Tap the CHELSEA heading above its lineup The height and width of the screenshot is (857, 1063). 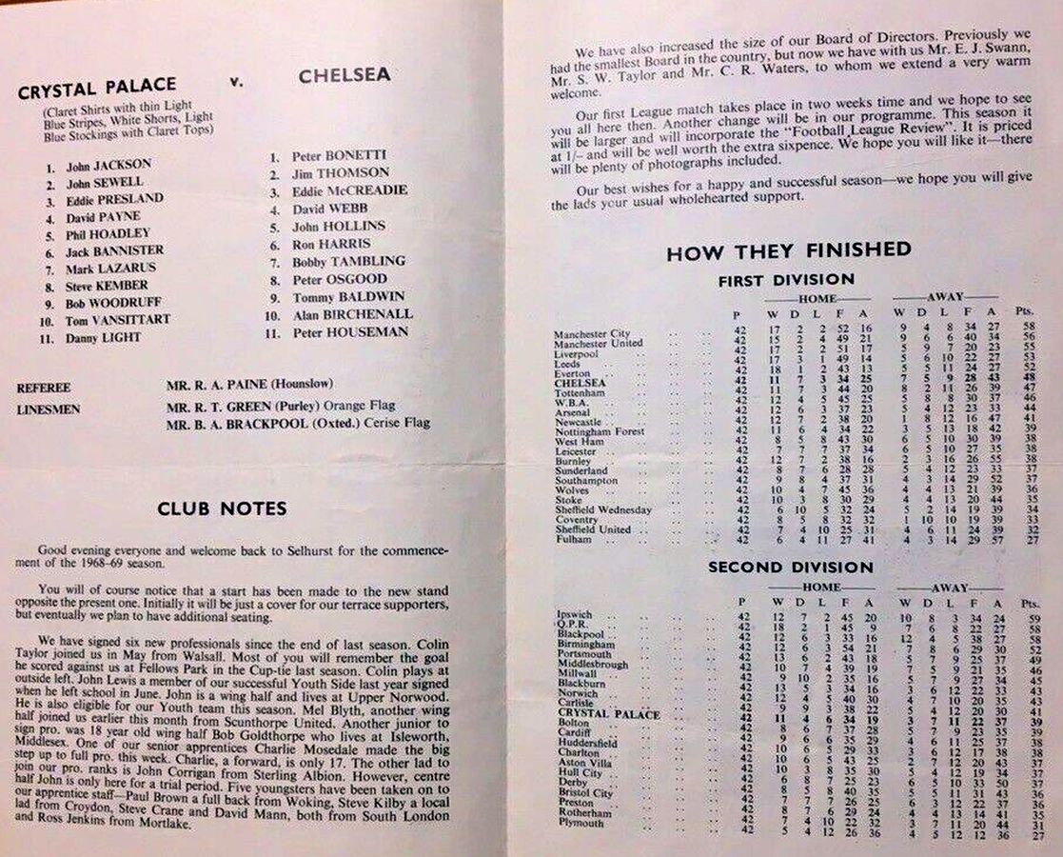344,76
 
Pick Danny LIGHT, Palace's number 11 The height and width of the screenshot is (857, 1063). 103,338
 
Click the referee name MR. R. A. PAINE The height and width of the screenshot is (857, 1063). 249,384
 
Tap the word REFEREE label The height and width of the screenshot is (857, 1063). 44,389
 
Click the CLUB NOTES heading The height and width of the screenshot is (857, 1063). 222,509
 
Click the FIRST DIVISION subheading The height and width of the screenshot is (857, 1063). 786,280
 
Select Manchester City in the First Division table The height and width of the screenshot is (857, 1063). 593,334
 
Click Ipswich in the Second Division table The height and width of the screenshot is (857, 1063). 574,615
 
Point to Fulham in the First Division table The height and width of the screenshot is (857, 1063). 573,540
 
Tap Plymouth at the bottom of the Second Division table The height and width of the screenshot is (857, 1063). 581,823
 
